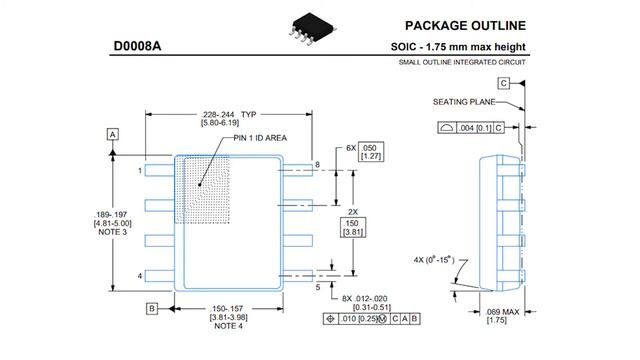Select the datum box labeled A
(113, 133)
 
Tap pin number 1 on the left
(140, 171)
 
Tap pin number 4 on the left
(140, 275)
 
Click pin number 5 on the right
(318, 287)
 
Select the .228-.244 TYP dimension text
(231, 114)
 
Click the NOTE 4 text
(230, 326)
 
